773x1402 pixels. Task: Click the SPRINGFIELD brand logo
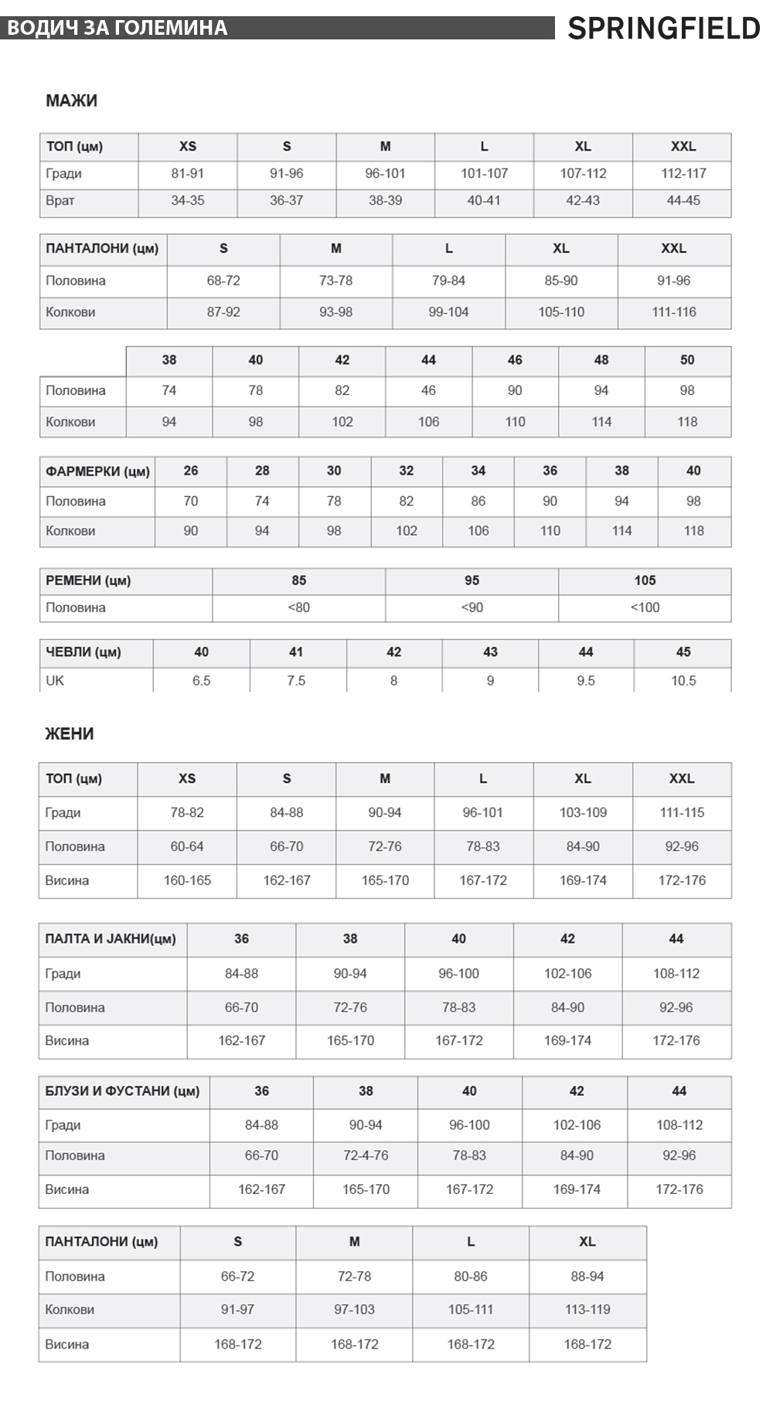(x=663, y=29)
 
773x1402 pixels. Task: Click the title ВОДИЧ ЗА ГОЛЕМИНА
(x=117, y=29)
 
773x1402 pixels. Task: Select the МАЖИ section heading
(x=71, y=100)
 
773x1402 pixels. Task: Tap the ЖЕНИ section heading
(x=70, y=733)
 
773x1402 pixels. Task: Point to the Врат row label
(x=60, y=200)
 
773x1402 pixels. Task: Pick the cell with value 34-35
(x=188, y=200)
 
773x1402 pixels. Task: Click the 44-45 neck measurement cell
(x=683, y=200)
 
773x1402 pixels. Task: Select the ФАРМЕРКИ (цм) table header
(x=97, y=471)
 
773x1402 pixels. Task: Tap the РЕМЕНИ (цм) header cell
(x=88, y=580)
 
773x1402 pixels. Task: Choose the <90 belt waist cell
(x=472, y=607)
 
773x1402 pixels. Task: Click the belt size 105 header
(x=645, y=580)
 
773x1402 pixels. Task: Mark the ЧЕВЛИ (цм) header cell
(x=83, y=652)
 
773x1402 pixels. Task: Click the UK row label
(x=55, y=680)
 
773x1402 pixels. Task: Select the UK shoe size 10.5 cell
(x=683, y=680)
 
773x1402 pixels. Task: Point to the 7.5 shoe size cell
(x=296, y=680)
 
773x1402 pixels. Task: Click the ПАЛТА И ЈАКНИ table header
(x=111, y=938)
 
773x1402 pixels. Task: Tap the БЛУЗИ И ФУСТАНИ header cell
(x=122, y=1091)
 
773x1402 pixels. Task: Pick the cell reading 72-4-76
(x=366, y=1155)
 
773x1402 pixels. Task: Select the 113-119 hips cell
(x=587, y=1309)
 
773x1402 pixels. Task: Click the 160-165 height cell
(x=187, y=880)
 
